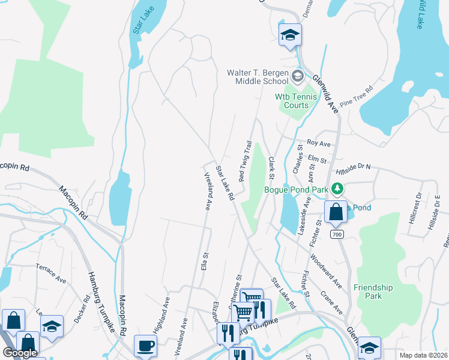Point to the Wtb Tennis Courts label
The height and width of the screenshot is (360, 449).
pyautogui.click(x=292, y=101)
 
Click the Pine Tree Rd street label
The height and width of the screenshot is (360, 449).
pyautogui.click(x=356, y=96)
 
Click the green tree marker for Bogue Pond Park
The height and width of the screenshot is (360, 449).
pyautogui.click(x=337, y=190)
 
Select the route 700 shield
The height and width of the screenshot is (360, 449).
pyautogui.click(x=336, y=234)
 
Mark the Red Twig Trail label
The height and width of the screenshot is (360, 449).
pyautogui.click(x=245, y=161)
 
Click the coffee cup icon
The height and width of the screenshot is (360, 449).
pyautogui.click(x=145, y=346)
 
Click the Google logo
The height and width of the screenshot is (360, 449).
pyautogui.click(x=20, y=353)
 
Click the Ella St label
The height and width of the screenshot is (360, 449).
pyautogui.click(x=205, y=262)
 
